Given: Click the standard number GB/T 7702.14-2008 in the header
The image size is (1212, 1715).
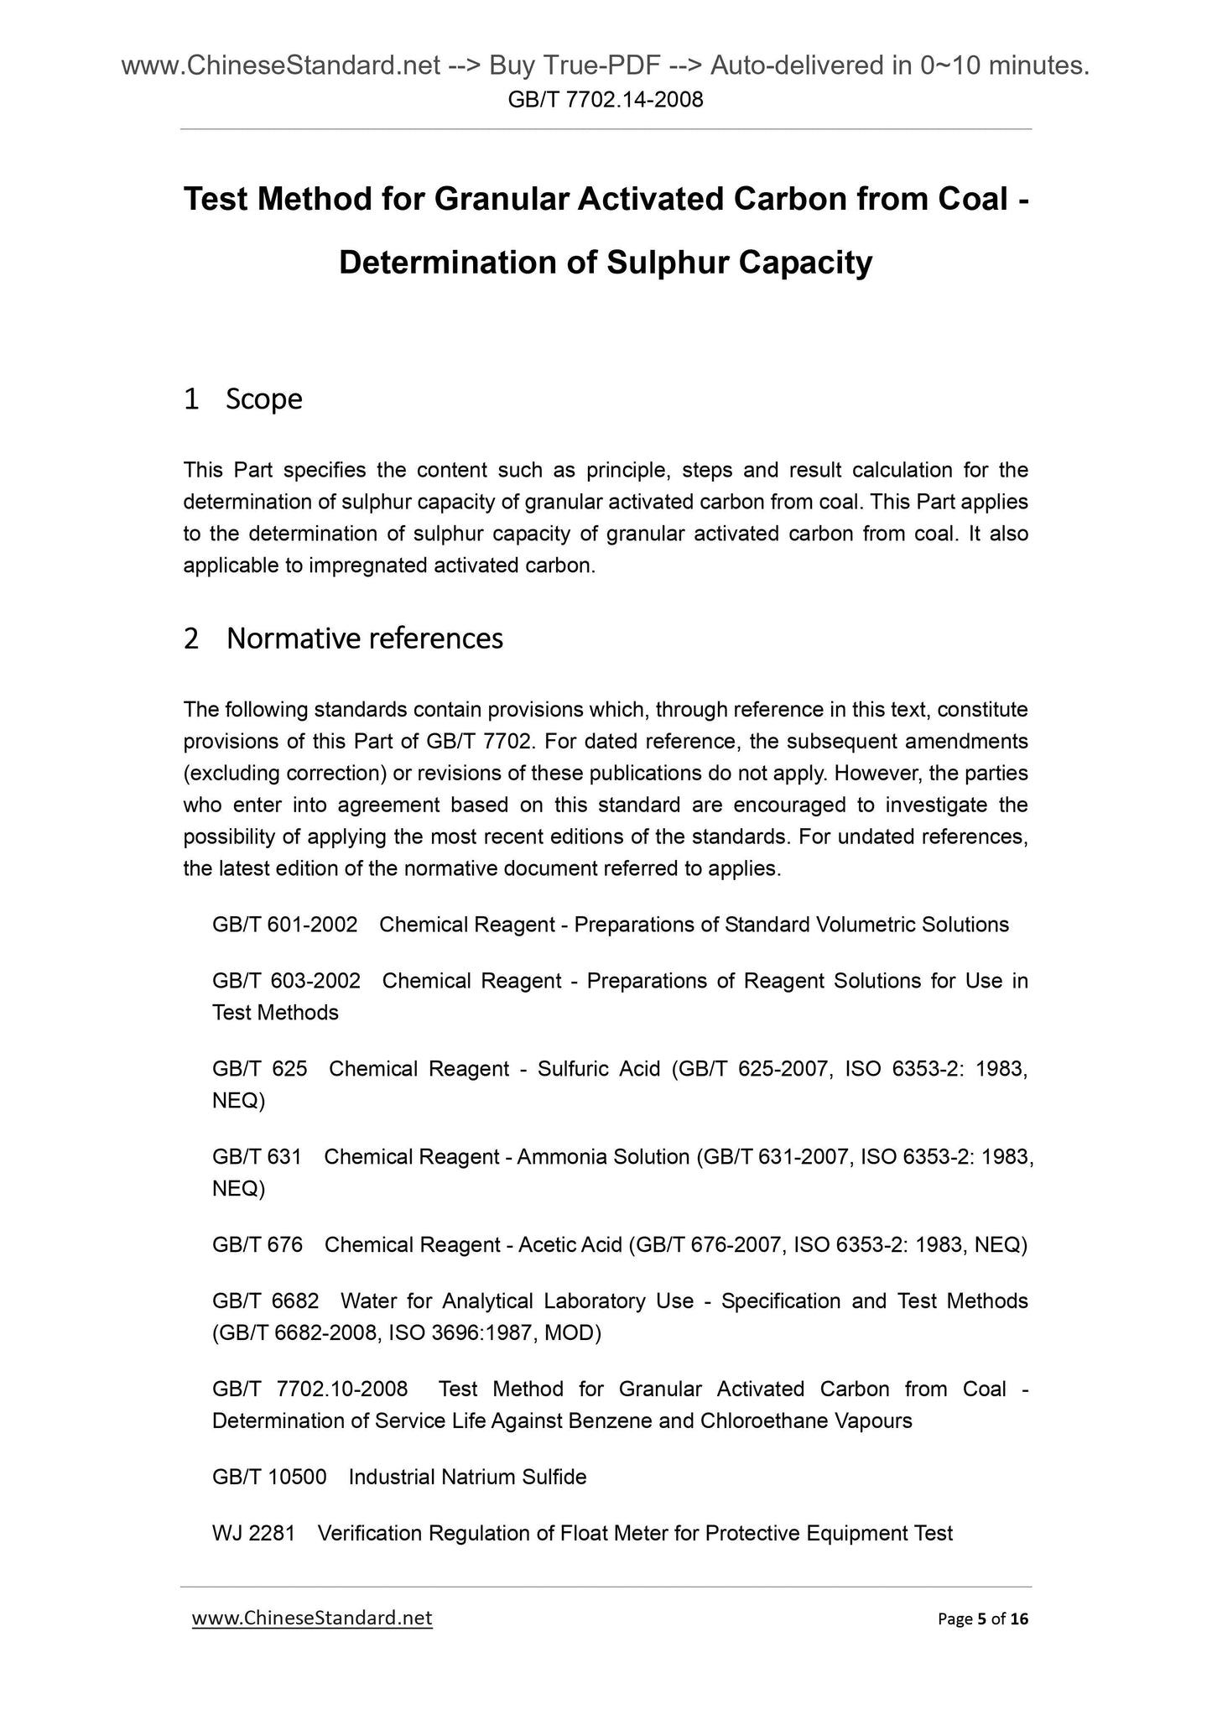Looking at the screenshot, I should (606, 101).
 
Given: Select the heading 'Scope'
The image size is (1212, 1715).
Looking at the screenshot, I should (263, 399).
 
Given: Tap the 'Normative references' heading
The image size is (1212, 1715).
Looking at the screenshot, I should (364, 639).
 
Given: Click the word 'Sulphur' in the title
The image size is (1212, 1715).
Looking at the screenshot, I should (666, 263).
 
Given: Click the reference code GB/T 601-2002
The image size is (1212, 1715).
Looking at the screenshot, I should (285, 925).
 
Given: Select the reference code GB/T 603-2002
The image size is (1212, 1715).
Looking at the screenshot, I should (286, 981).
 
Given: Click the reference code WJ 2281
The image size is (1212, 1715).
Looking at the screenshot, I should (253, 1533).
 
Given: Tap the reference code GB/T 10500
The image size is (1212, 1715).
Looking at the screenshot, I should (269, 1477).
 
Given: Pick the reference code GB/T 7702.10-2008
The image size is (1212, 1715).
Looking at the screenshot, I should (310, 1389).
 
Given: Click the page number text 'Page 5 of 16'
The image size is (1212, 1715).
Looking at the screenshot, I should (982, 1619).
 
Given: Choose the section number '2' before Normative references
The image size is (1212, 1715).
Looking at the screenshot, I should (191, 639).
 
